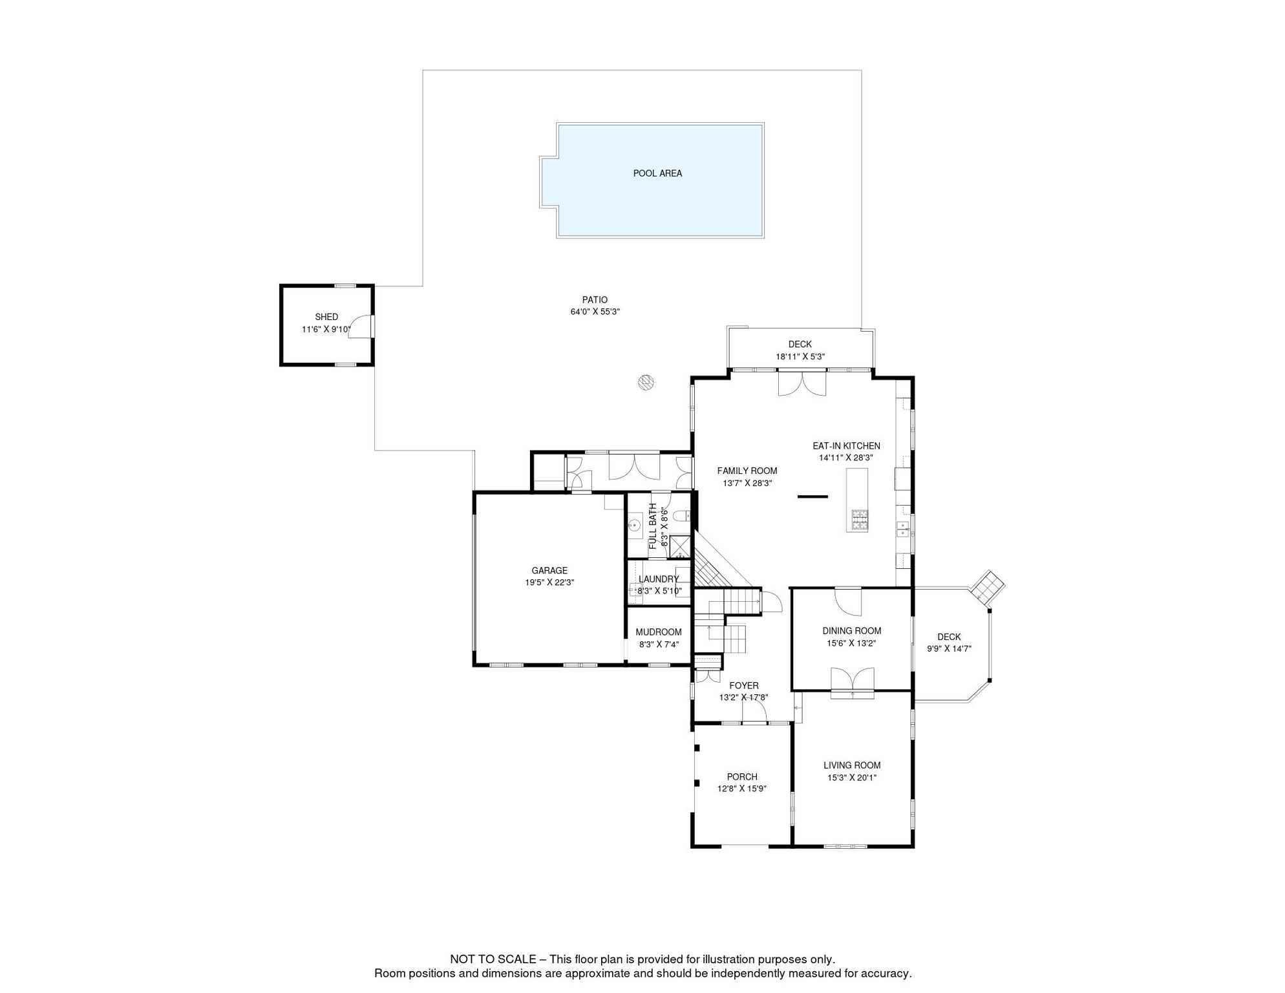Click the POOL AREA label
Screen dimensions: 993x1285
tap(657, 173)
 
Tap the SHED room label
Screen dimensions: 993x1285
tap(326, 317)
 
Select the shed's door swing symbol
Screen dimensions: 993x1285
tap(361, 326)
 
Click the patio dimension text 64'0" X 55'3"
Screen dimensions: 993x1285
tap(595, 312)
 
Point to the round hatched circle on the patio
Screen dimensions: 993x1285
tap(646, 382)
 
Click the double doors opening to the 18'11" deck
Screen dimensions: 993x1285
tap(802, 383)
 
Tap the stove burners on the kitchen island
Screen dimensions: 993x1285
tap(859, 520)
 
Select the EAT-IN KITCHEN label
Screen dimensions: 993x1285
tap(846, 446)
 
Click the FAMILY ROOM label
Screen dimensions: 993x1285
tap(747, 471)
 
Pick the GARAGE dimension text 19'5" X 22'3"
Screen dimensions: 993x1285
tap(549, 582)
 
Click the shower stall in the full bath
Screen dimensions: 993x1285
tap(679, 547)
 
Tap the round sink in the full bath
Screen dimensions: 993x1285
tap(635, 525)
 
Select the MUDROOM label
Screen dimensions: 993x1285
tap(658, 632)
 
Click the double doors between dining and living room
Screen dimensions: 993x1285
tap(852, 681)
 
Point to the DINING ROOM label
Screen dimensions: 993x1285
tap(851, 631)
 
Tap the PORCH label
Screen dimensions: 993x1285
tap(741, 777)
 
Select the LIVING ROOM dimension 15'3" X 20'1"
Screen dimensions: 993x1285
tap(851, 778)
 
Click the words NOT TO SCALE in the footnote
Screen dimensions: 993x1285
tap(493, 959)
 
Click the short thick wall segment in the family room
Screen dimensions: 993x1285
tap(812, 496)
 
